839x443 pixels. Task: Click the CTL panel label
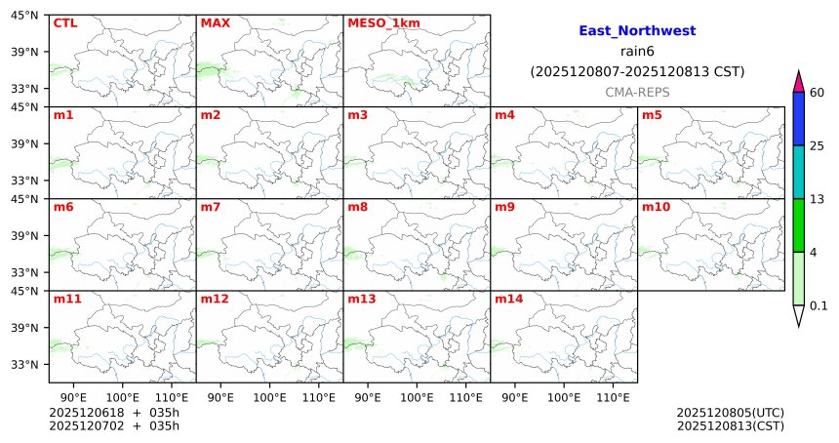[x=65, y=22]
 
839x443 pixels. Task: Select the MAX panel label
[x=215, y=22]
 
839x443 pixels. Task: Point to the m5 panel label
[x=652, y=115]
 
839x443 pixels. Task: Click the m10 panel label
[x=656, y=207]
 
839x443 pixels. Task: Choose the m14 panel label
[x=508, y=299]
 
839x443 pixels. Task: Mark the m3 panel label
[x=357, y=115]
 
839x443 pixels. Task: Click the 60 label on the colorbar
[x=818, y=93]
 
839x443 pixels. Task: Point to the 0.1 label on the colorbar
[x=819, y=305]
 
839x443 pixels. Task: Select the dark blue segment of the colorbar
[x=798, y=119]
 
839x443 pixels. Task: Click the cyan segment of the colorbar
[x=798, y=173]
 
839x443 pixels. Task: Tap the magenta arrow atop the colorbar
[x=798, y=82]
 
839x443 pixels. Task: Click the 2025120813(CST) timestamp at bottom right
[x=730, y=425]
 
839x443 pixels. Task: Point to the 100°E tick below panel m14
[x=564, y=397]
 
